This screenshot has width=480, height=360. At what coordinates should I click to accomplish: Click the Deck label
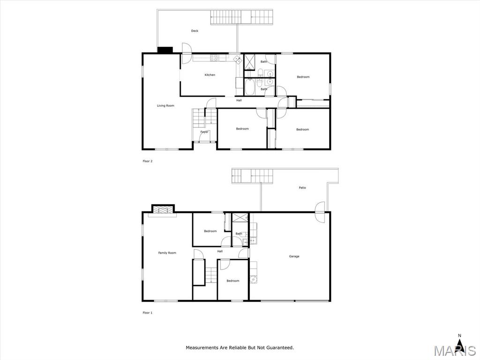pyautogui.click(x=195, y=31)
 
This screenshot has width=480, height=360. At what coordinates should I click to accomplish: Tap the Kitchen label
pyautogui.click(x=210, y=75)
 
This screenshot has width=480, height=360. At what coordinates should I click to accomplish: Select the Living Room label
pyautogui.click(x=165, y=105)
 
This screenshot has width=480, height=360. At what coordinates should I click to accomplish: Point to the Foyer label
pyautogui.click(x=204, y=132)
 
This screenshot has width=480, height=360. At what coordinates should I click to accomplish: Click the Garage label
pyautogui.click(x=294, y=256)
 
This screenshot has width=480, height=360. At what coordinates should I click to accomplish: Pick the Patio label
pyautogui.click(x=302, y=187)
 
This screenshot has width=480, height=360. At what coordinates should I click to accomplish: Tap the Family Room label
pyautogui.click(x=167, y=253)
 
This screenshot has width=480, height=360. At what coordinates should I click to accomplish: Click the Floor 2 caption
pyautogui.click(x=148, y=161)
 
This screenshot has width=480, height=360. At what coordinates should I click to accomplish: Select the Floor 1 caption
pyautogui.click(x=148, y=313)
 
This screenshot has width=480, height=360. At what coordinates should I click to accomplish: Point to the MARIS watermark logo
pyautogui.click(x=455, y=351)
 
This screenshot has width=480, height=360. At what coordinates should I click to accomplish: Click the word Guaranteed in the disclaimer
pyautogui.click(x=280, y=347)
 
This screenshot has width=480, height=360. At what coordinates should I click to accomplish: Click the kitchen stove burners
pyautogui.click(x=214, y=58)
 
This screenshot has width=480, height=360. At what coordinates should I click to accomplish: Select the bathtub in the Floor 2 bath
pyautogui.click(x=249, y=87)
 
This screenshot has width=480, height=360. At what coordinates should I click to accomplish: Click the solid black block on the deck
pyautogui.click(x=165, y=50)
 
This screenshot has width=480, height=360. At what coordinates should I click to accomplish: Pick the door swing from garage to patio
pyautogui.click(x=320, y=212)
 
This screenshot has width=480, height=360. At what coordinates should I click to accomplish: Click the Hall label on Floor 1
pyautogui.click(x=220, y=251)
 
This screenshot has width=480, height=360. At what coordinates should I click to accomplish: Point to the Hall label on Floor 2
pyautogui.click(x=239, y=100)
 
